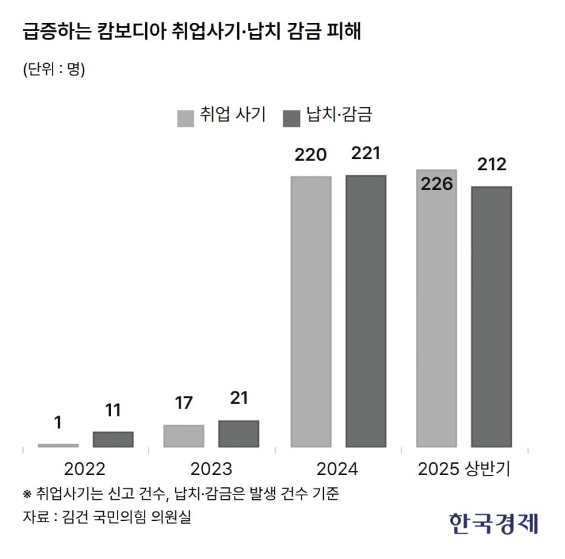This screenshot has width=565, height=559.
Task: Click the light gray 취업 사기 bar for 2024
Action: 311,311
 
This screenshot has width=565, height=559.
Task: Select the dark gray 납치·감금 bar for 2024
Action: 366,311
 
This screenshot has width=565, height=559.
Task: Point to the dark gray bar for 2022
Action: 113,439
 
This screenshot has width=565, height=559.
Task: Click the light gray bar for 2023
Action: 184,436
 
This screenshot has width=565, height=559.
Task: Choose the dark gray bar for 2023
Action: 238,434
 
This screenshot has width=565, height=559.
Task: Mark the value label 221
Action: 366,154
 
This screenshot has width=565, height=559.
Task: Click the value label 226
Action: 437,184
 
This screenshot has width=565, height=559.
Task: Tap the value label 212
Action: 491,164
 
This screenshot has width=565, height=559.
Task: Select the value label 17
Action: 184,403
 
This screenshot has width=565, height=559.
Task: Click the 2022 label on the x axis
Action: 85,469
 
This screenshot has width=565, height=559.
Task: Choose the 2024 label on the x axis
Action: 337,469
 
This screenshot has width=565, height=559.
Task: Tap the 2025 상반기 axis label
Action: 464,469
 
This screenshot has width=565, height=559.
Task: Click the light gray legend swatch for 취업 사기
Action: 186,117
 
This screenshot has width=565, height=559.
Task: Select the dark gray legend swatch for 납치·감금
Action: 291,117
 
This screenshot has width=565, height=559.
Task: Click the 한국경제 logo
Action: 494,523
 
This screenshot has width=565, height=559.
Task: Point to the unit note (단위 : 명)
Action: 54,69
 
